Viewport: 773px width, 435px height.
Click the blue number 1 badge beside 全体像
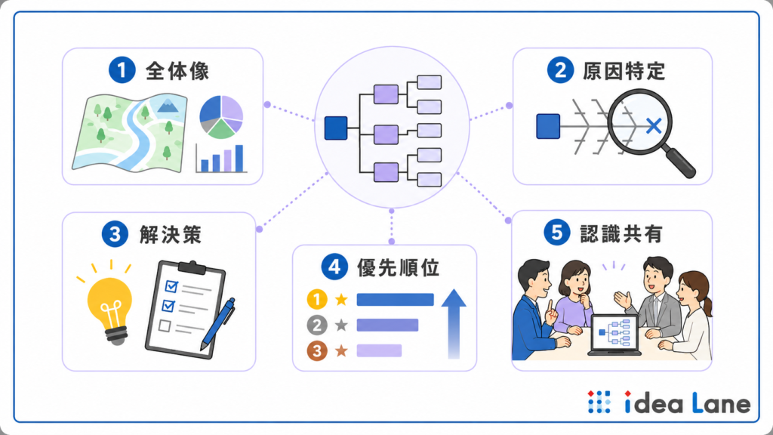tap(122, 70)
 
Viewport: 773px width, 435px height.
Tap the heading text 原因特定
tap(624, 71)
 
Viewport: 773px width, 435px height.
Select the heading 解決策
tap(171, 234)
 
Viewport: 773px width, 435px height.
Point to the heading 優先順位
tap(399, 268)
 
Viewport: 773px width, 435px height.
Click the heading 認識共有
tap(621, 233)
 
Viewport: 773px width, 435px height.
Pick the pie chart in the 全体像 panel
tap(221, 117)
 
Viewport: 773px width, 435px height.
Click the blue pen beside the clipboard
tap(217, 324)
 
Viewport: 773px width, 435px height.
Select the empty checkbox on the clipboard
tap(165, 325)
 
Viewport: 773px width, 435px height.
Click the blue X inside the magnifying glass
tap(654, 126)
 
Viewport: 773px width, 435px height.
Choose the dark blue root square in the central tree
tap(336, 128)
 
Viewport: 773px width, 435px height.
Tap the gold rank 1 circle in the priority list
tap(317, 299)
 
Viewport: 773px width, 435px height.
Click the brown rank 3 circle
tap(317, 350)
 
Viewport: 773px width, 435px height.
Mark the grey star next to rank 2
tap(341, 325)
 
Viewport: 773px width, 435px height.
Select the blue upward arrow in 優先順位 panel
tap(454, 323)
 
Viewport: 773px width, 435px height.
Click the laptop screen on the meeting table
tap(614, 333)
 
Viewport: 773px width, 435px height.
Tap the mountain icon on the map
tap(168, 105)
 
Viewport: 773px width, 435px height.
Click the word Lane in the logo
tap(721, 403)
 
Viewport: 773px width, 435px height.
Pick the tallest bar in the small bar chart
tap(239, 158)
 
